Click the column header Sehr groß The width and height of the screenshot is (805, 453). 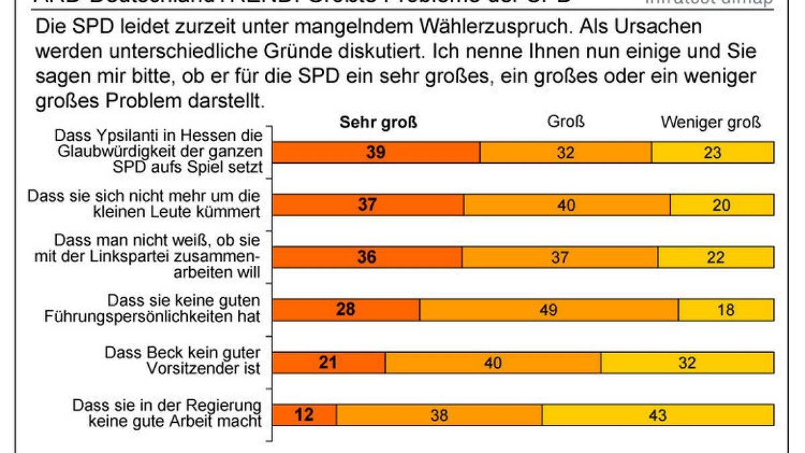(x=378, y=123)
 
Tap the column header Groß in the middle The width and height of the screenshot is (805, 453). (x=566, y=123)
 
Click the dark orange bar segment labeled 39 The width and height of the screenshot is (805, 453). (x=376, y=152)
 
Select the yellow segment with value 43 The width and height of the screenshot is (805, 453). (x=657, y=415)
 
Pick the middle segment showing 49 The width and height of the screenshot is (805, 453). (x=549, y=309)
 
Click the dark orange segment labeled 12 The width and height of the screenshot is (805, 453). (x=304, y=415)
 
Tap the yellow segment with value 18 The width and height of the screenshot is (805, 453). (x=726, y=309)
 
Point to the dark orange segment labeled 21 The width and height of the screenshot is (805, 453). (x=329, y=362)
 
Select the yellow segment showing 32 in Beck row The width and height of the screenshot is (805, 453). (x=687, y=362)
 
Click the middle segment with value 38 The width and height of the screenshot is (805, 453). (x=439, y=415)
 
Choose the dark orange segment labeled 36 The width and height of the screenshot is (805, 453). (x=367, y=257)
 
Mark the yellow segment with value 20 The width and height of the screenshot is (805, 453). (x=721, y=205)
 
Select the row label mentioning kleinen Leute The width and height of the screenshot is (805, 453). (x=144, y=203)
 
